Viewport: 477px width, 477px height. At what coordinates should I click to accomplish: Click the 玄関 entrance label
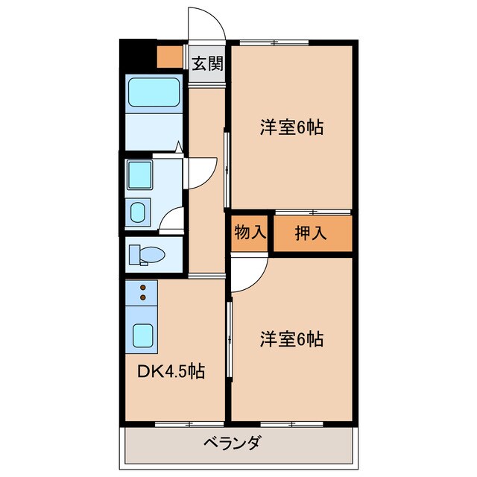208,64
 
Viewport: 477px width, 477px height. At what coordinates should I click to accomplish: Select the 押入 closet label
312,233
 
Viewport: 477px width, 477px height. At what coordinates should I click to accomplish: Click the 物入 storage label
250,232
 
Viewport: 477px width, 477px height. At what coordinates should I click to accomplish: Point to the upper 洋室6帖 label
291,127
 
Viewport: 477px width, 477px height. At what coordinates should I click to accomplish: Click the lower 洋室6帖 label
291,339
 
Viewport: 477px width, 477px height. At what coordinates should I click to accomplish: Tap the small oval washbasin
139,212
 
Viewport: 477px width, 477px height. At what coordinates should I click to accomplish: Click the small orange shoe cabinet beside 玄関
169,57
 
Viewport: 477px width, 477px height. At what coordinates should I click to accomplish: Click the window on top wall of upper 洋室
276,42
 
